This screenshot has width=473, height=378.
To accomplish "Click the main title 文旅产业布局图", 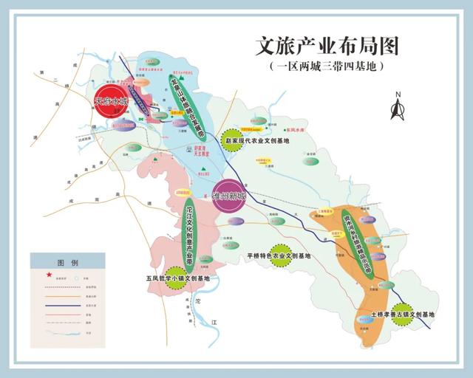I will coord(326,46).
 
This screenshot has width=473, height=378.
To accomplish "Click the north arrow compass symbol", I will coord(397,106).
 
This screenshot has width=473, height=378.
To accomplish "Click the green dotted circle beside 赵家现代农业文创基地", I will coord(232,140).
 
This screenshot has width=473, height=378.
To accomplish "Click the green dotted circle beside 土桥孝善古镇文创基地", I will coord(403,314).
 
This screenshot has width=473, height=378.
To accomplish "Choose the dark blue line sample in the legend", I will coord(56,303).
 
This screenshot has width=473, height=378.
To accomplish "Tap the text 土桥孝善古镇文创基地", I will coord(402,314).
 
